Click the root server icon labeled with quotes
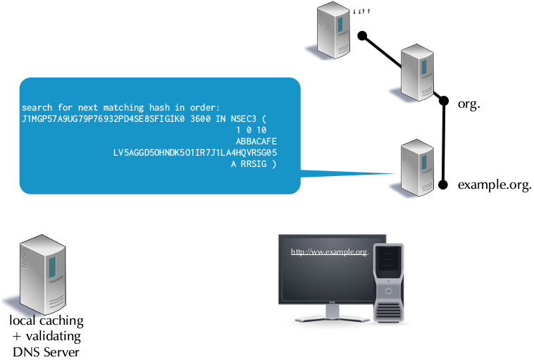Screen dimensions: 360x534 [335, 30]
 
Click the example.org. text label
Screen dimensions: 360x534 [494, 186]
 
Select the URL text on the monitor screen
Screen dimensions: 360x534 [330, 252]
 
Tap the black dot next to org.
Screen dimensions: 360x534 [444, 101]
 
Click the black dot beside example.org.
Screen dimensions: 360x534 [443, 185]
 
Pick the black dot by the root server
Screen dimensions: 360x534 [362, 35]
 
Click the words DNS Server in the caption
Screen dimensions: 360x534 [46, 352]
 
